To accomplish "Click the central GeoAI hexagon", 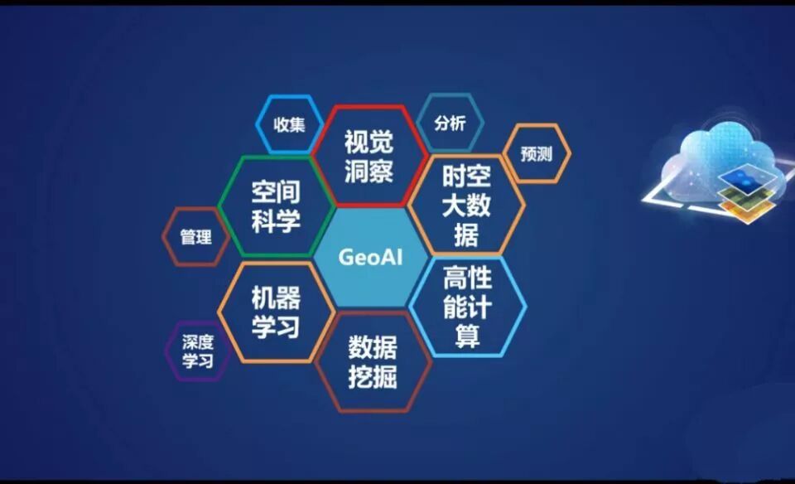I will (x=370, y=257).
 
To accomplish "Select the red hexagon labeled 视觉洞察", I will (x=369, y=156).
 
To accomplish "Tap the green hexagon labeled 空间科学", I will (x=276, y=206).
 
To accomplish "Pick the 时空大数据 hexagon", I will (x=466, y=204).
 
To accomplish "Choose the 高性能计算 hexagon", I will (x=467, y=307).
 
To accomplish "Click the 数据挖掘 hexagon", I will (x=372, y=361).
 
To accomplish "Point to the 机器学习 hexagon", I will (x=276, y=312).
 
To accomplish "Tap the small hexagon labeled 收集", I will (x=290, y=125).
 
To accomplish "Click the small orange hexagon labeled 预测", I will (x=536, y=153).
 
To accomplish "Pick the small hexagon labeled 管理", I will (x=196, y=237).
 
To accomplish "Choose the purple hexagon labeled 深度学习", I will (x=197, y=351).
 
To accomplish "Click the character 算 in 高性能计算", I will (x=467, y=336).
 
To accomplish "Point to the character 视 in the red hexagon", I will (x=357, y=142).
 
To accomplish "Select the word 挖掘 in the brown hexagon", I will (x=372, y=377).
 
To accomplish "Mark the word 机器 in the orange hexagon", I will (x=276, y=298).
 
